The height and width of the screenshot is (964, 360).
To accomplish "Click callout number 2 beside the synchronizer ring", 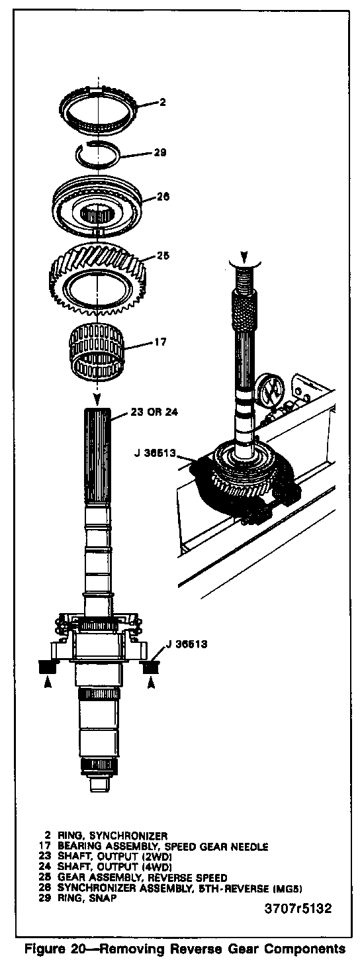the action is pos(162,103).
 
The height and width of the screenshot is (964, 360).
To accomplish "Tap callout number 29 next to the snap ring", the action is pos(160,153).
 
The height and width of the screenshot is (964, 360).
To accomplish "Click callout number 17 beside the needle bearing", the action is pos(160,342).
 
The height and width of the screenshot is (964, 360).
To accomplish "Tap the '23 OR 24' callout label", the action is pos(154,412).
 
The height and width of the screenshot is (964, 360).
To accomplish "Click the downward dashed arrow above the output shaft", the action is pos(98,394).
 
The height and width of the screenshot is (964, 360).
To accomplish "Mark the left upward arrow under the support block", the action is pos(48,683).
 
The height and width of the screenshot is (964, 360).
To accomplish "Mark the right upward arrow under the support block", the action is pos(151,683).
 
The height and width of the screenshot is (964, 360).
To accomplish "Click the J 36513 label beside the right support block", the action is pos(186,644).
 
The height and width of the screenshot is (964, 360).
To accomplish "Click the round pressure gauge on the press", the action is pos(270,392).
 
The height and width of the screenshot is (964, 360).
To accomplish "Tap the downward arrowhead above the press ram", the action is pos(244,258).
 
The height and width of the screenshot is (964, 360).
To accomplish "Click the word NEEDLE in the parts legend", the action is pos(250,847).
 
